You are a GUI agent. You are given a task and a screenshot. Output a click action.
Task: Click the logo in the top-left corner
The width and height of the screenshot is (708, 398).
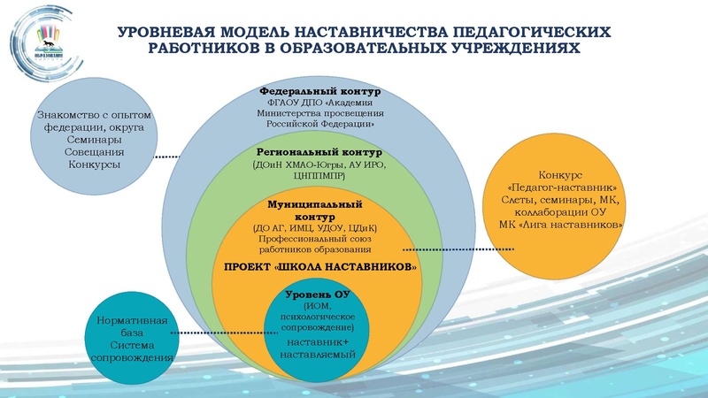click(43, 42)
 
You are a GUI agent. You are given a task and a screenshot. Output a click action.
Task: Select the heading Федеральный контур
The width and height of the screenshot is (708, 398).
click(319, 91)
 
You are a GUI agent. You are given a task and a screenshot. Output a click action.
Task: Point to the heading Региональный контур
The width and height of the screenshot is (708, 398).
click(319, 153)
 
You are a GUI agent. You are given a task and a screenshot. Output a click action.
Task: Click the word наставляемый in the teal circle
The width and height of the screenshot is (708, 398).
click(319, 353)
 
